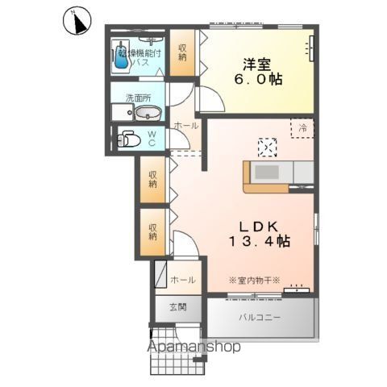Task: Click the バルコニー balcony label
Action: point(260,317)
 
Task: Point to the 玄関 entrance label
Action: point(178,307)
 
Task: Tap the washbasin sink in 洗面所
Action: point(144,113)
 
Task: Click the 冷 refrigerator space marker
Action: point(303,127)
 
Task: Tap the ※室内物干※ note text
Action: point(254,280)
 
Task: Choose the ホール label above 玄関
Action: point(181,280)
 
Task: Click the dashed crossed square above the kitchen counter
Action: point(267,146)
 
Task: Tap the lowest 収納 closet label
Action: point(152,231)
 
